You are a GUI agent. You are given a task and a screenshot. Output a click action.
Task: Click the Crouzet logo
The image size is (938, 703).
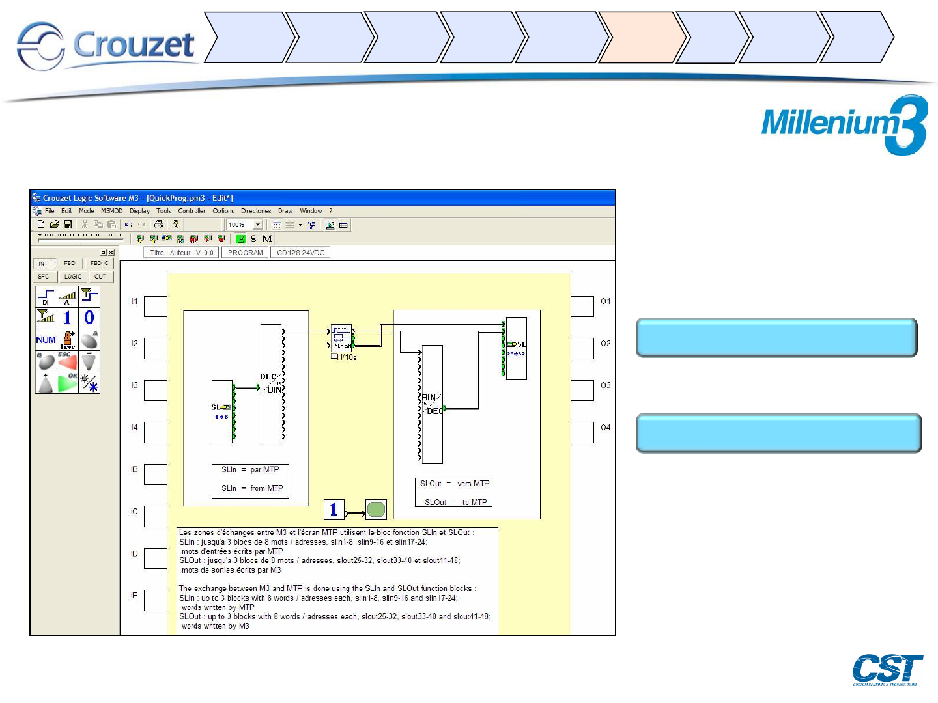coord(106,46)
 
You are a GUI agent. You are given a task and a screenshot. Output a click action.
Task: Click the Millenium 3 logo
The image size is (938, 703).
coord(844,124)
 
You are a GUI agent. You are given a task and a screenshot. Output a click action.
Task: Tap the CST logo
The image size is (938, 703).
coord(887,669)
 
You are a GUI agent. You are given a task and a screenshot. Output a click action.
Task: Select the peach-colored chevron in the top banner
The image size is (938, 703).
coord(641,37)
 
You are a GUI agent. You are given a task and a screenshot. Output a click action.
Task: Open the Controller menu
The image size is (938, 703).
coord(192,211)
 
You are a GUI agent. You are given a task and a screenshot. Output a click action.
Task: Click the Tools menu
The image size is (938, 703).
coord(163,211)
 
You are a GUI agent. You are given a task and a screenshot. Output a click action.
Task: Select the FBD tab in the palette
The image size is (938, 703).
coord(70,264)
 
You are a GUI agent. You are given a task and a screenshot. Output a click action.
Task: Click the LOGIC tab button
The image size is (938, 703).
coord(73,277)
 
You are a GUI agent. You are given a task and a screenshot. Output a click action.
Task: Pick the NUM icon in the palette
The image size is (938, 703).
coord(46,340)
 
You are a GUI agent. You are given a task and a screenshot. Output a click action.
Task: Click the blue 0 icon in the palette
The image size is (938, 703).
coord(89,318)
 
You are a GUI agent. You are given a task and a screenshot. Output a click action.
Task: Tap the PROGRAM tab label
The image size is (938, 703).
coord(246,253)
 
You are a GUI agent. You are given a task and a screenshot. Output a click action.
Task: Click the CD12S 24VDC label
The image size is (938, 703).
coord(300,253)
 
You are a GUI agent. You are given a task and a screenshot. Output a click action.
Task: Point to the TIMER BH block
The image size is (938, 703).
coord(341,337)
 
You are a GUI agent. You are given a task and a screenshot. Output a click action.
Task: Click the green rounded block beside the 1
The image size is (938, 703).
coord(376,509)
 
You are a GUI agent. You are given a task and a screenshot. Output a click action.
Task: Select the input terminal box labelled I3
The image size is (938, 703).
coord(155,390)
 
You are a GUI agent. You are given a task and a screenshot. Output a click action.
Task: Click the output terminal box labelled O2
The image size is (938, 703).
coord(582,348)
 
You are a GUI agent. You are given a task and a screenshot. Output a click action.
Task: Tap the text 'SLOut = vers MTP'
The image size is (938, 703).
coord(454,484)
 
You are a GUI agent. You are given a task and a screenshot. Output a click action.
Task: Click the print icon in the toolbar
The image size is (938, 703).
coord(158,225)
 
